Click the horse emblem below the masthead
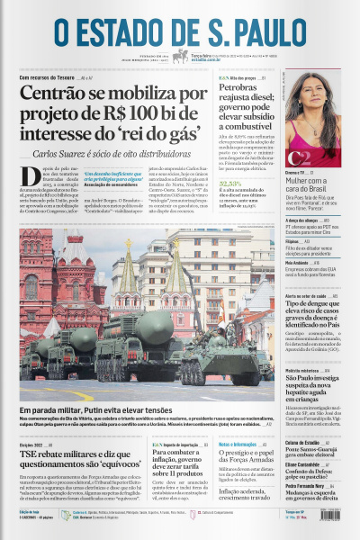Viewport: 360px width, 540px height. coord(180,56)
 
